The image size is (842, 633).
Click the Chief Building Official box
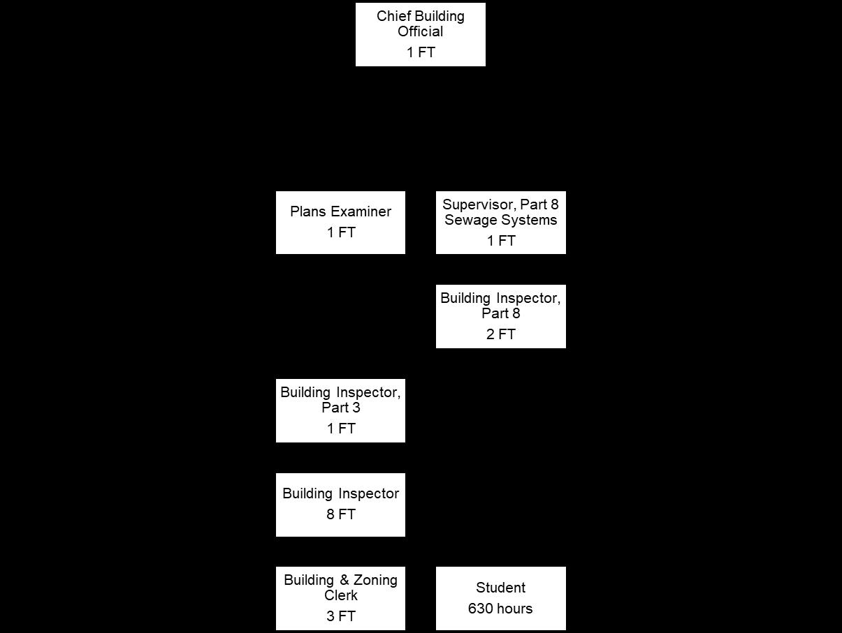click(x=420, y=35)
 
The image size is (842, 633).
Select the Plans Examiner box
click(x=340, y=222)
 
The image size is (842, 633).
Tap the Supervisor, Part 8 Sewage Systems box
click(x=500, y=222)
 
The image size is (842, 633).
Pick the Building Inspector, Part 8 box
click(x=500, y=316)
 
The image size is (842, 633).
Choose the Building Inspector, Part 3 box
click(x=340, y=410)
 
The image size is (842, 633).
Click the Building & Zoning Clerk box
click(x=340, y=598)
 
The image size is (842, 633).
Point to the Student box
click(x=500, y=598)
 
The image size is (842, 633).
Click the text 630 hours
click(x=500, y=609)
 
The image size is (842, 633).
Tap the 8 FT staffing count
click(x=341, y=514)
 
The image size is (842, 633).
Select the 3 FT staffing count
click(x=341, y=616)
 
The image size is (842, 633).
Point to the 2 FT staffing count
click(x=500, y=334)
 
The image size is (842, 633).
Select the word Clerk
click(x=341, y=595)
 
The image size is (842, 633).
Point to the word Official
click(x=421, y=31)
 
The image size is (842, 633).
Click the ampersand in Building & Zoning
click(x=344, y=580)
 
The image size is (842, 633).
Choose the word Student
click(x=500, y=588)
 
